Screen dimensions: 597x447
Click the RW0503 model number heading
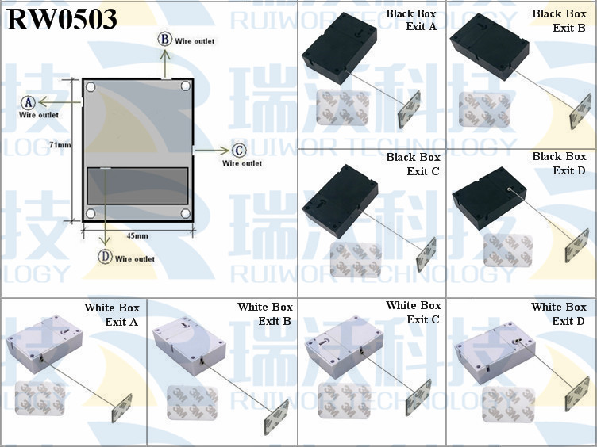pos(62,19)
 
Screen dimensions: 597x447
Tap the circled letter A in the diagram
pos(28,102)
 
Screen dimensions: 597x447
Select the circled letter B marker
pos(165,39)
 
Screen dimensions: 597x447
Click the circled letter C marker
pos(239,151)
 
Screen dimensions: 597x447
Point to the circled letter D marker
pos(105,257)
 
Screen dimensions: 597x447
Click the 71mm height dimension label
pos(60,145)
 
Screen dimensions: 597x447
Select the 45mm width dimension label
pos(137,236)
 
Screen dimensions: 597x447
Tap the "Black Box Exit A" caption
pos(411,20)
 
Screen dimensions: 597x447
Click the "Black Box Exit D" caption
pos(559,163)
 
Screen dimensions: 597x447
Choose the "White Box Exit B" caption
pos(265,314)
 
